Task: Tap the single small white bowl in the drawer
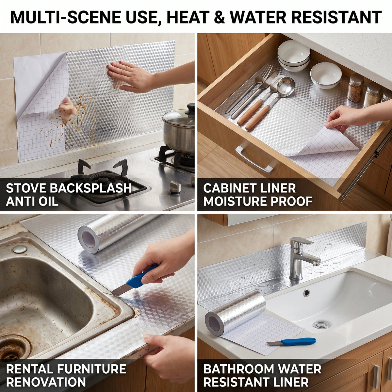(x=326, y=75)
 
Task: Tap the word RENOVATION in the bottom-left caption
(x=46, y=382)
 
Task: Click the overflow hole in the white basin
(x=306, y=293)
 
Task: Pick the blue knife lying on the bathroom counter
(x=291, y=342)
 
